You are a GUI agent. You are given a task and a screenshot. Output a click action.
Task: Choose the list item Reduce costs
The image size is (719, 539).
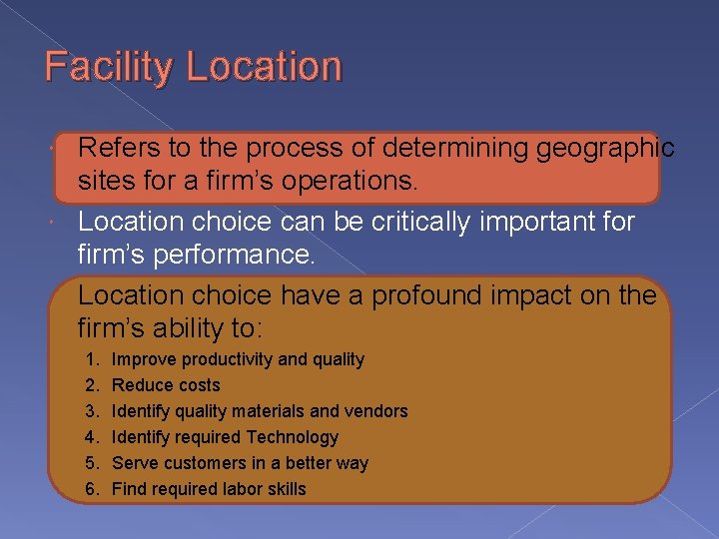(x=166, y=385)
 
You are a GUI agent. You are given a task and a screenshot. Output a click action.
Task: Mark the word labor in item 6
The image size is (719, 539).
(x=240, y=489)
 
